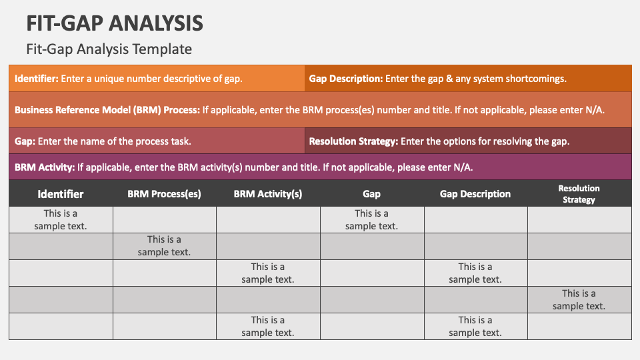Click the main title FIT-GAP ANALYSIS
click(115, 23)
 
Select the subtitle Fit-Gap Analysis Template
click(109, 49)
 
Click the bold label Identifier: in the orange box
click(37, 78)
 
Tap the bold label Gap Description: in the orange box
click(345, 78)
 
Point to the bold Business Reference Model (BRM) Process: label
click(107, 110)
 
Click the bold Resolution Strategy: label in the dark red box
click(353, 141)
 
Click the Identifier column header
click(61, 194)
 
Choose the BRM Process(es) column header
click(164, 194)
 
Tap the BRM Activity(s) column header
click(268, 194)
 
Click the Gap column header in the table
click(371, 194)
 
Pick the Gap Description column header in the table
click(475, 194)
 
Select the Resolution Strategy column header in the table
click(579, 194)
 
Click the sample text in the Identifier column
click(61, 219)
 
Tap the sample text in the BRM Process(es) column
click(164, 245)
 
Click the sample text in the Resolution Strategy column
click(579, 299)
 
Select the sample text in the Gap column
click(371, 219)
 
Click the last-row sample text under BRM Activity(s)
click(268, 326)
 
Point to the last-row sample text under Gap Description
click(475, 326)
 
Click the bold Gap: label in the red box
click(25, 141)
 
